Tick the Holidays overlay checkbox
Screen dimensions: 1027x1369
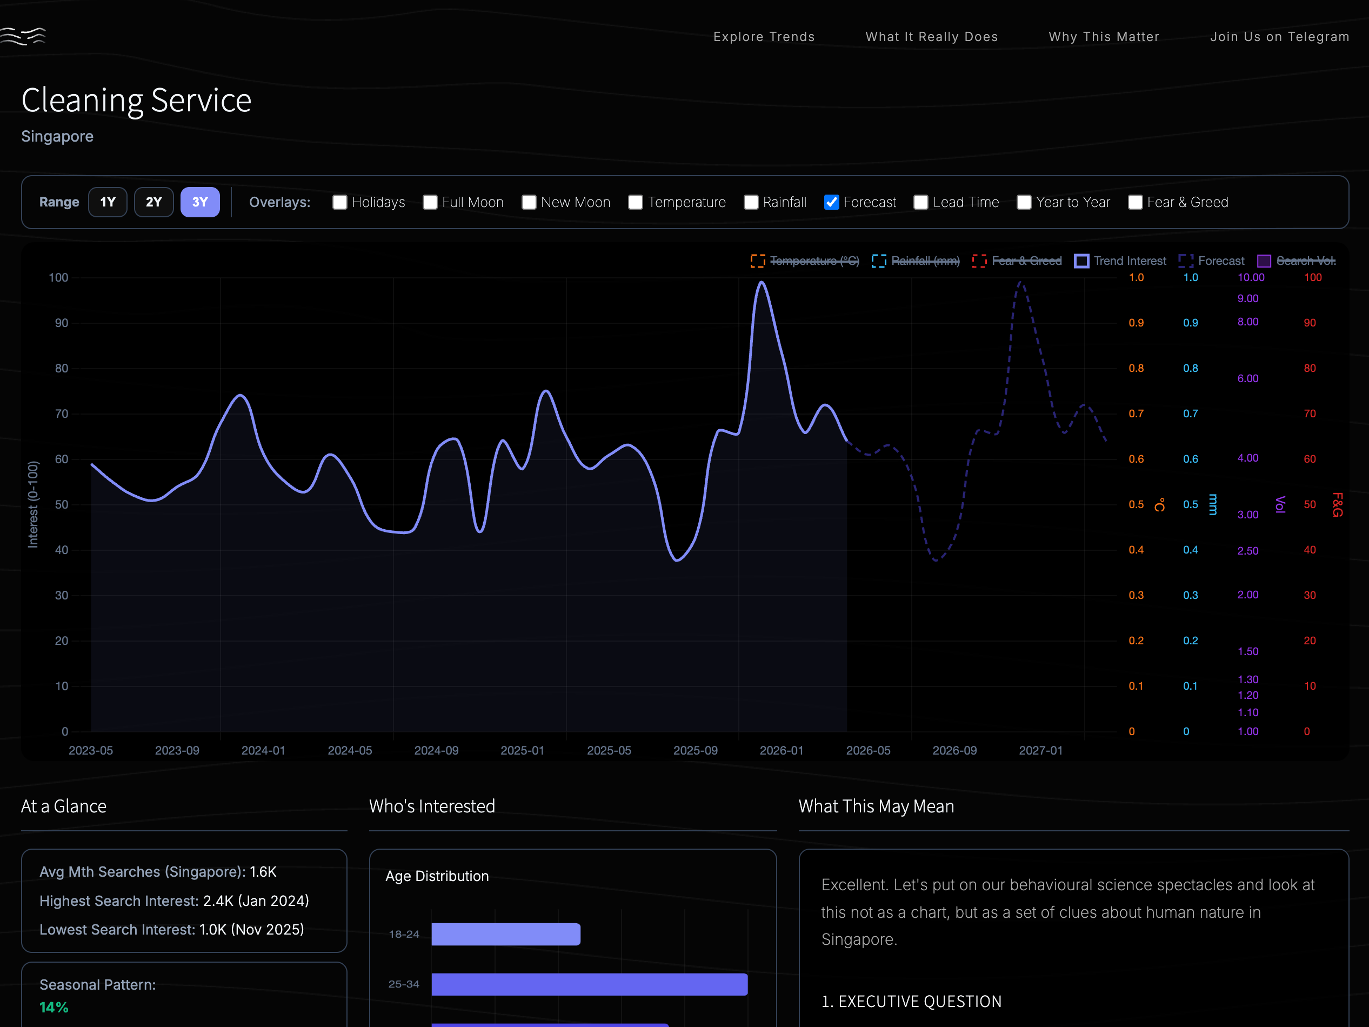point(340,203)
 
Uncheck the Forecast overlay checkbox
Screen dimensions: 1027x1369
point(831,203)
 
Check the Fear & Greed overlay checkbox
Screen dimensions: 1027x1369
point(1134,203)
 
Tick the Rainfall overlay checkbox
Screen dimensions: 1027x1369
point(751,203)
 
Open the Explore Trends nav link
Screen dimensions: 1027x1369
point(764,37)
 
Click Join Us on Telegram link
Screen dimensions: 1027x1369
point(1279,37)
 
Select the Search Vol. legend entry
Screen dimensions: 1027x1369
point(1297,261)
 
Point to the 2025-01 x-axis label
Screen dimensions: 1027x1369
point(522,750)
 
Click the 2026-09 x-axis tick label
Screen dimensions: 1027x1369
point(954,750)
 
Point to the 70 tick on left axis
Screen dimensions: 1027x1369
point(61,414)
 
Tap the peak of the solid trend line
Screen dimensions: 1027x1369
point(762,282)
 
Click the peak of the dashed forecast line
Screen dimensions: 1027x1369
point(1021,283)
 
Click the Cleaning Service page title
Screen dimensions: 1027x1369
point(136,101)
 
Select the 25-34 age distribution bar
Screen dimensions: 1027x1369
point(589,984)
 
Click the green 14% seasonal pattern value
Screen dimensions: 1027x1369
point(54,1007)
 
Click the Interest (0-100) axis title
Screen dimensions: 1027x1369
point(33,504)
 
